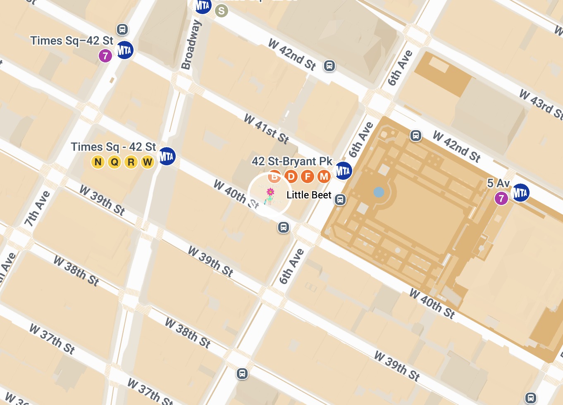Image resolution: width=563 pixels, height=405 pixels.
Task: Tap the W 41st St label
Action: point(267,129)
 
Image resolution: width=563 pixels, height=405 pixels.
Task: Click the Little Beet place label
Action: point(309,195)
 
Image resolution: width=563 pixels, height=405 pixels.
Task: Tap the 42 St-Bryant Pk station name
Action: point(292,161)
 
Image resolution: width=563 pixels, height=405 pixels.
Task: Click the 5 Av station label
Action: point(499,183)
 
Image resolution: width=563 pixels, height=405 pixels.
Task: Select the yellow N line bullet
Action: point(98,162)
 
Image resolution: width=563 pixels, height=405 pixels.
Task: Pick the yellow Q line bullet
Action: point(115,162)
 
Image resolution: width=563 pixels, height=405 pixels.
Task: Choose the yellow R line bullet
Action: point(131,162)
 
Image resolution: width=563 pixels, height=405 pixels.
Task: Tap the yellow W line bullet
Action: point(148,162)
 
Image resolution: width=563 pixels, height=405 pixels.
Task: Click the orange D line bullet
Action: point(291,177)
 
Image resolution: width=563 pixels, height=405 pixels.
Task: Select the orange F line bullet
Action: point(308,177)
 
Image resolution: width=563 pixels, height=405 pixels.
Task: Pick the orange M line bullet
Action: point(324,177)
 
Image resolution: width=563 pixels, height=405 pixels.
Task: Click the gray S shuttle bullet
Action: point(222,11)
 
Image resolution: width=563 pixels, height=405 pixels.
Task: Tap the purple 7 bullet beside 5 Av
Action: point(501,198)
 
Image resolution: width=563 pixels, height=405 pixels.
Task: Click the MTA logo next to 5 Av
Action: point(520,193)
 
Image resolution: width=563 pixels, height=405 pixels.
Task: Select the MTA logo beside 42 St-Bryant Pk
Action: point(343,170)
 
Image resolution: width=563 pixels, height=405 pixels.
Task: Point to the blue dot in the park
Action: point(379,192)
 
